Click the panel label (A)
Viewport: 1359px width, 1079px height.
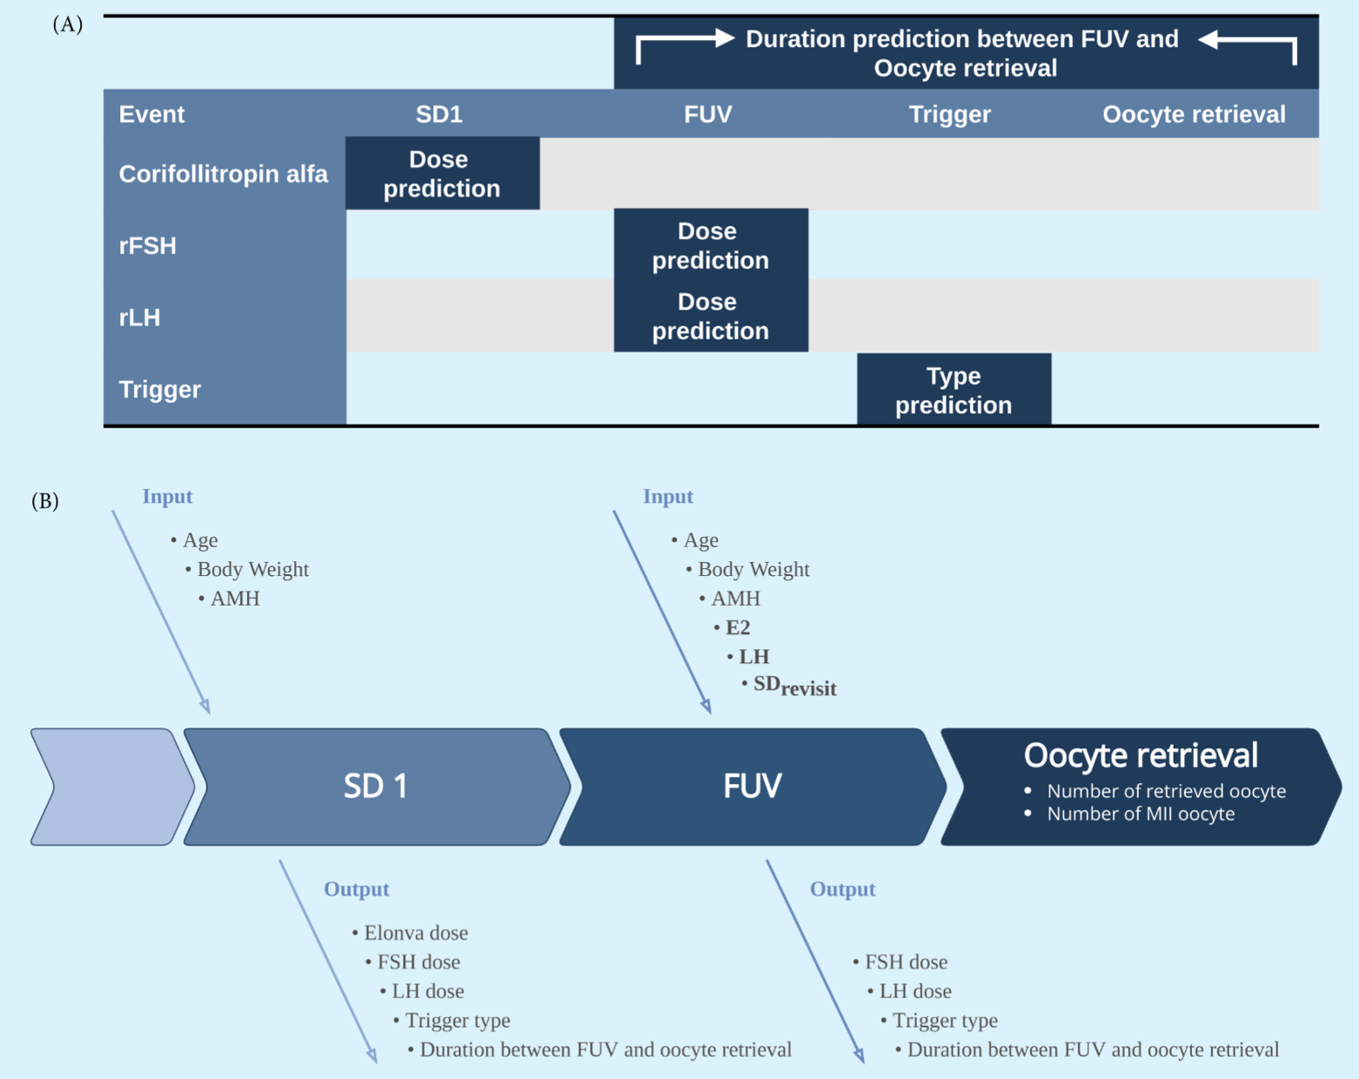point(67,24)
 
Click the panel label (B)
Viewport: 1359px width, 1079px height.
point(45,501)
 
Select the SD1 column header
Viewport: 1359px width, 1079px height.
point(438,114)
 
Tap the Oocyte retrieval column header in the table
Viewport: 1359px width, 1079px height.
point(1193,114)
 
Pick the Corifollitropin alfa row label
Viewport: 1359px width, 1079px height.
point(223,174)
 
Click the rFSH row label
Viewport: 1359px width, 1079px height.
point(148,245)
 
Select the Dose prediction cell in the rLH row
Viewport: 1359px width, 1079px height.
point(710,316)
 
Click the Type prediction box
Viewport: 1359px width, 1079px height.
point(954,390)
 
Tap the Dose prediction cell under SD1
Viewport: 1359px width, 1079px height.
point(441,173)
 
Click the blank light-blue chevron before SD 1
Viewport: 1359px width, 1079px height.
point(109,787)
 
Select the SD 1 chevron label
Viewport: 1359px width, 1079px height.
point(376,786)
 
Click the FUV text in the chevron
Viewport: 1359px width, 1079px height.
point(753,786)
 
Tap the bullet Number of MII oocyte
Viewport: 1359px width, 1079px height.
point(1140,814)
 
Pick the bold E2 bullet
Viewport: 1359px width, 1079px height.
point(737,627)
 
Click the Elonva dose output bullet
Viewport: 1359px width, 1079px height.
point(415,933)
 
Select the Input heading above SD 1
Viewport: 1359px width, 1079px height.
point(167,496)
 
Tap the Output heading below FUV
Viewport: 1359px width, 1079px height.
point(842,888)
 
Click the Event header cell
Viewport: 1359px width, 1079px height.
point(151,114)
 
